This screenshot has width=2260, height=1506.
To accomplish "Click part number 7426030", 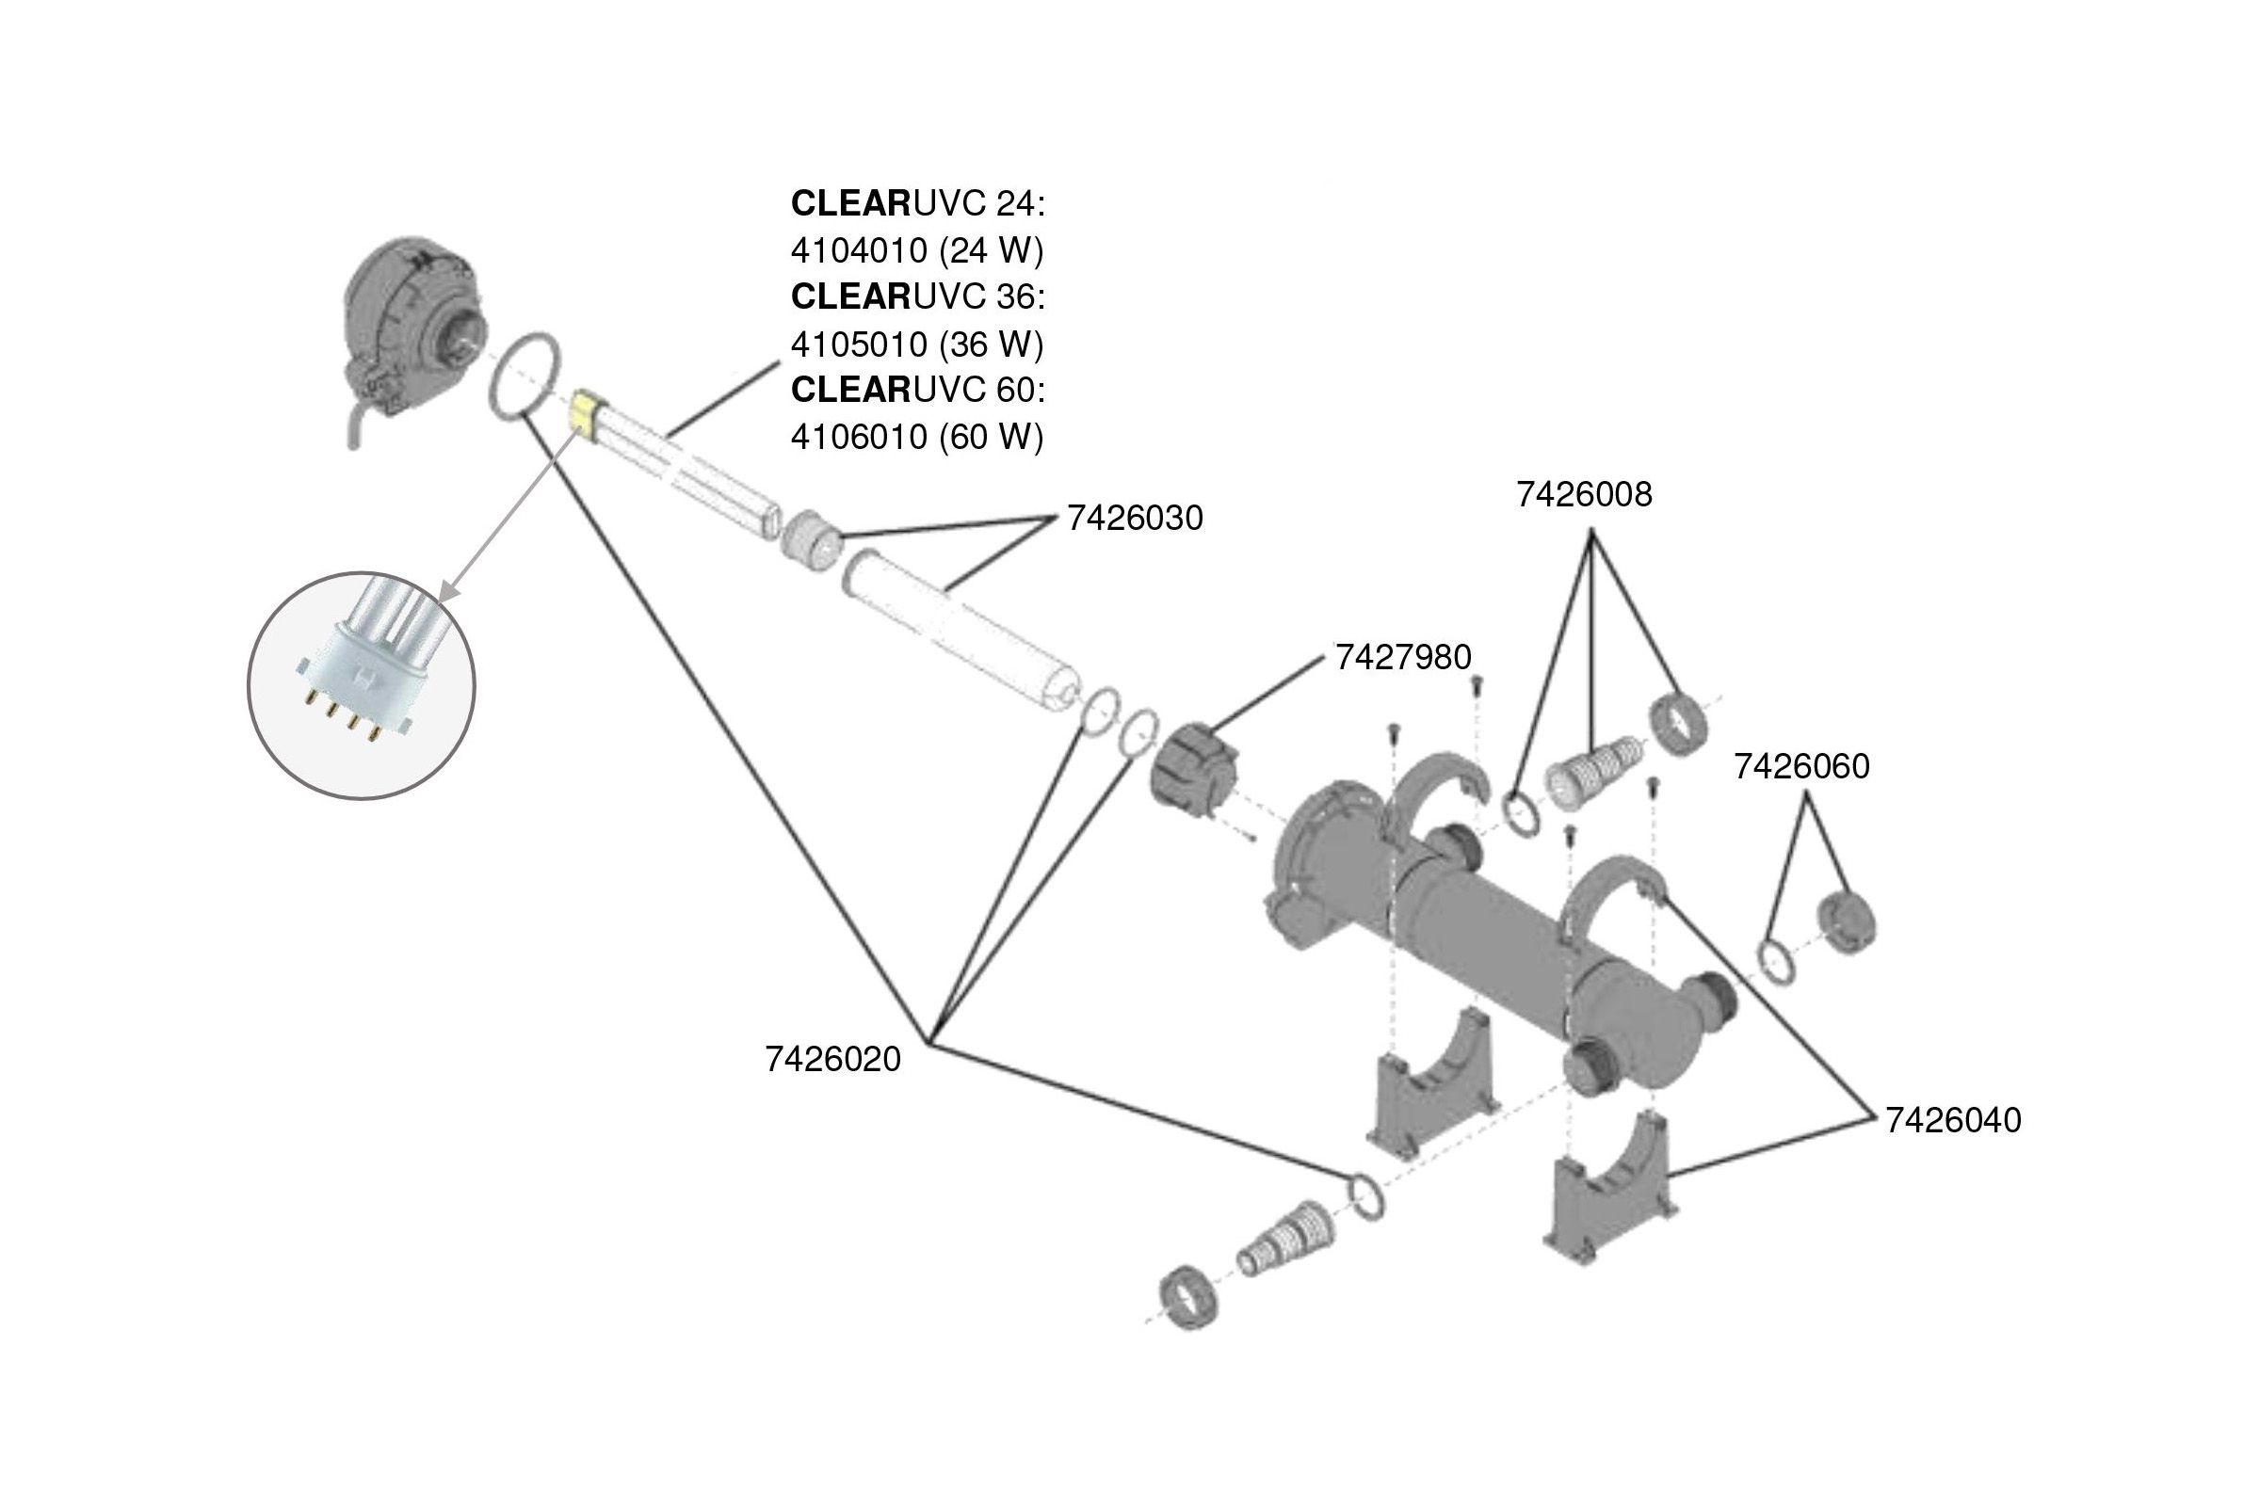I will click(x=1135, y=519).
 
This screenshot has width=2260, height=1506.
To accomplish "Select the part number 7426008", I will click(x=1584, y=495).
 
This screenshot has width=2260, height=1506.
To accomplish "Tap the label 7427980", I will click(x=1403, y=658).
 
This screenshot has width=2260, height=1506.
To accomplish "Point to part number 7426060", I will click(x=1801, y=766).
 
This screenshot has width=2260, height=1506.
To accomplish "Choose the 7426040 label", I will click(x=1952, y=1120).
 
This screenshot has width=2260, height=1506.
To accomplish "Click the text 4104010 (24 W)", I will click(x=916, y=250).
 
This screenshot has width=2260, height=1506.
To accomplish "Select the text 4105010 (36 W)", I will click(x=916, y=344).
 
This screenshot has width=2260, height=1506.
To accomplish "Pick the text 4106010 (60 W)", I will click(x=916, y=437).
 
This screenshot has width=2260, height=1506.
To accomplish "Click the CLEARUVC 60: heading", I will click(x=916, y=390).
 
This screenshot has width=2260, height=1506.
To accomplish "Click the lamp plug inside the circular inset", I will click(x=361, y=672).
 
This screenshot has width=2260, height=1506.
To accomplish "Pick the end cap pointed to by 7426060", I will click(x=1847, y=922).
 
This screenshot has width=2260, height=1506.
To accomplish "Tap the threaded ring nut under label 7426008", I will click(x=1679, y=722).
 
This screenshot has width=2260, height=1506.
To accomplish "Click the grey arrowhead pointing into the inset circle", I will click(x=448, y=590).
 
